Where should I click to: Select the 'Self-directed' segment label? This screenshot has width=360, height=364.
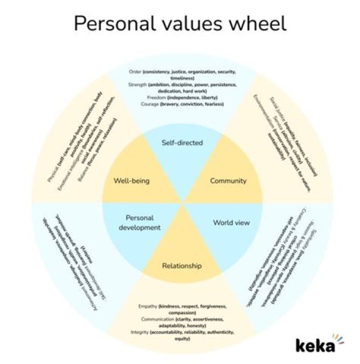click(182, 143)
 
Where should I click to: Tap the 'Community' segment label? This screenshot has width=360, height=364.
click(228, 180)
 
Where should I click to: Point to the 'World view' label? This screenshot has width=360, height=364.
click(231, 222)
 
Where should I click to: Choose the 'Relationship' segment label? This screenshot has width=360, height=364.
click(182, 265)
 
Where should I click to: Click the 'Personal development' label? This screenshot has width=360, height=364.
click(139, 222)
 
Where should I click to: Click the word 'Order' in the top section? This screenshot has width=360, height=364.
click(135, 72)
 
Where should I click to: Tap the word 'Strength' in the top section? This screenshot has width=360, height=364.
click(137, 85)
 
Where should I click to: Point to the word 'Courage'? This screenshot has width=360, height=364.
click(148, 104)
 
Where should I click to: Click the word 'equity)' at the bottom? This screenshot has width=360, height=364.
click(182, 338)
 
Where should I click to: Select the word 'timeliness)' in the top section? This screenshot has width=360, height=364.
click(182, 78)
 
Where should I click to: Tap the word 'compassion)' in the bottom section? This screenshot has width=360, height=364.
click(182, 312)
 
